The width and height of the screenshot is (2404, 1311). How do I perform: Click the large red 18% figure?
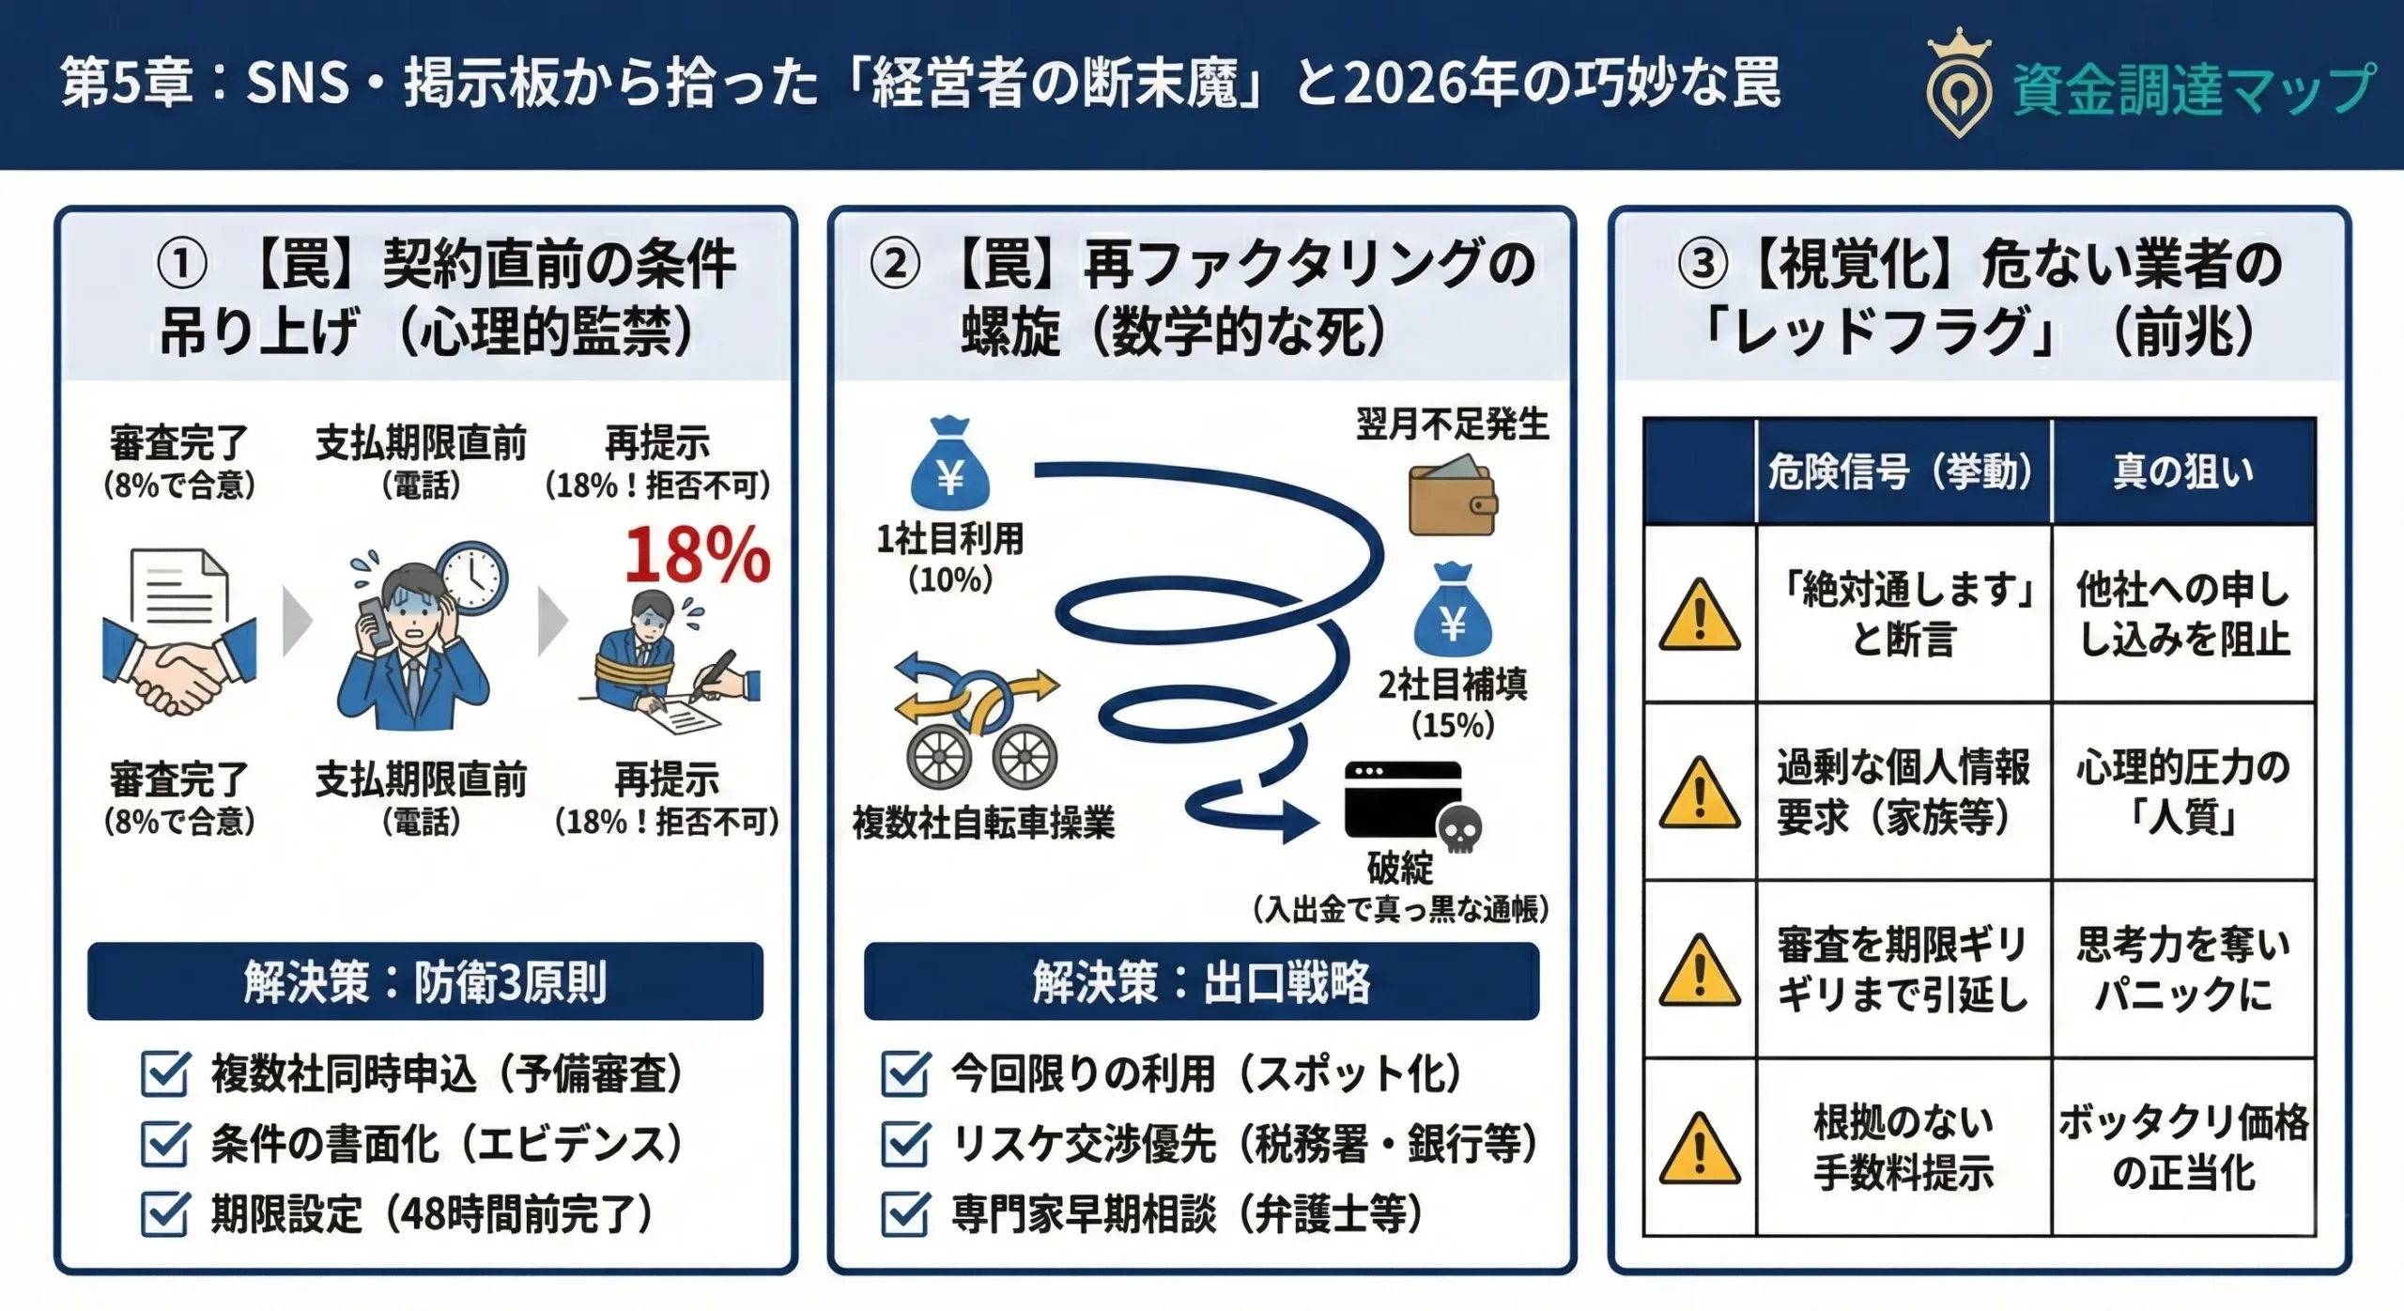point(697,555)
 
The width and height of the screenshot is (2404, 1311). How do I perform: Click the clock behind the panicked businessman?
point(472,577)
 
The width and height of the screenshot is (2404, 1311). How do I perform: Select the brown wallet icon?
point(1451,497)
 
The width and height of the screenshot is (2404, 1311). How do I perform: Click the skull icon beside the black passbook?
point(1459,829)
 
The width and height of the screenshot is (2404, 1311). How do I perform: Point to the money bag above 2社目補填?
point(1453,611)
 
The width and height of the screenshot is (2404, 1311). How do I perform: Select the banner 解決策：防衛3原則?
point(425,981)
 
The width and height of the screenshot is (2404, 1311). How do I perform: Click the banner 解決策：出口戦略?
point(1201,981)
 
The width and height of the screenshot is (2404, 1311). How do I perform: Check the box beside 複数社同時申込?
point(165,1073)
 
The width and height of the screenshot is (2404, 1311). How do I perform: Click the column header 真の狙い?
point(2183,471)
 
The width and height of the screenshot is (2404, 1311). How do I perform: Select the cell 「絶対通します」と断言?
point(1903,614)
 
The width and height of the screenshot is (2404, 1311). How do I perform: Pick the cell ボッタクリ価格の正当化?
point(2183,1147)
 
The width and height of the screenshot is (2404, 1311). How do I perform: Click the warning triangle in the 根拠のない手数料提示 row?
point(1700,1149)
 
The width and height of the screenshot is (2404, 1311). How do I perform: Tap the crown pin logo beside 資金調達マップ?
point(1958,85)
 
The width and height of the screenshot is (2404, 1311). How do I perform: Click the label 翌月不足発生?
point(1452,424)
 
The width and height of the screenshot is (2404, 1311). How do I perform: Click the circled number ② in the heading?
point(895,264)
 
